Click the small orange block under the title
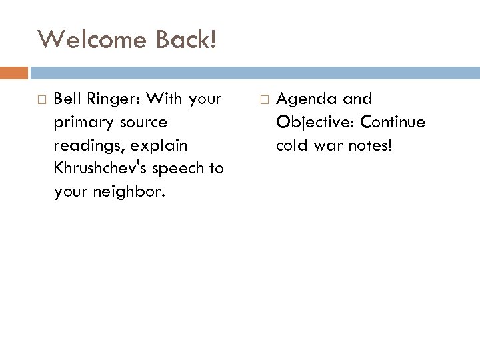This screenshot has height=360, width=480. (x=14, y=72)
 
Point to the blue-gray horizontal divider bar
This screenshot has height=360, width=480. (x=253, y=72)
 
